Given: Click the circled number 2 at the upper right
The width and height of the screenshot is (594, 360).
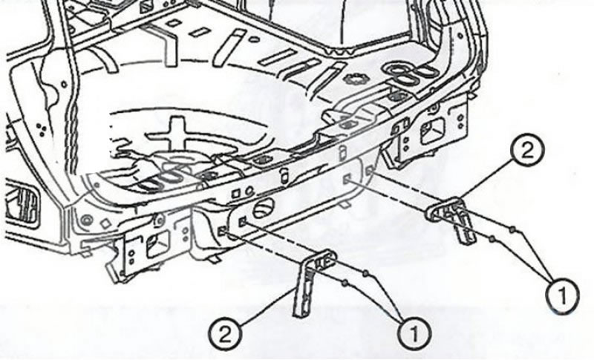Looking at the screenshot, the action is [527, 151].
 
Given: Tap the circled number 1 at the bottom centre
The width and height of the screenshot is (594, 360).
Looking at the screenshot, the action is [414, 334].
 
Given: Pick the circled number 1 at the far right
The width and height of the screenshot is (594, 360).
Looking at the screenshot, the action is [562, 295].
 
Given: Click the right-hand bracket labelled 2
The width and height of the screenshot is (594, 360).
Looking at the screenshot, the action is [451, 217].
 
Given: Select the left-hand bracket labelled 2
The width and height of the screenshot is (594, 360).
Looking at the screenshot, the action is [313, 280].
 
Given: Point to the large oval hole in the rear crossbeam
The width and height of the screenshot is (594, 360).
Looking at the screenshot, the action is [264, 209].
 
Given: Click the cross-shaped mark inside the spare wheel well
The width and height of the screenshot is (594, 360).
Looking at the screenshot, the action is [176, 134].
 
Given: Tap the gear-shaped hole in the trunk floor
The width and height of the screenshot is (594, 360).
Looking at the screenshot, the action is [355, 80].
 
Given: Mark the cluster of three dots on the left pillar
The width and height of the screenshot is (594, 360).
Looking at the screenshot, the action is [42, 129].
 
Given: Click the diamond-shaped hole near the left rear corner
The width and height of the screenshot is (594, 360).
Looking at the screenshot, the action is [105, 224].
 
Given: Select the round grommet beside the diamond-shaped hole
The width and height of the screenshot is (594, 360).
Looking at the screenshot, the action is [87, 220].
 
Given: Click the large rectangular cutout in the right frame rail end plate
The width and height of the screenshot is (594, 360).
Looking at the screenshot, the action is [433, 131].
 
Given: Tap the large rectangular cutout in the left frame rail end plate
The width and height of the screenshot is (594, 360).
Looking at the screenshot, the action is [157, 244].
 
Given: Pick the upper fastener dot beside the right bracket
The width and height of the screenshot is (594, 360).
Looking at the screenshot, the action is [512, 229].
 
